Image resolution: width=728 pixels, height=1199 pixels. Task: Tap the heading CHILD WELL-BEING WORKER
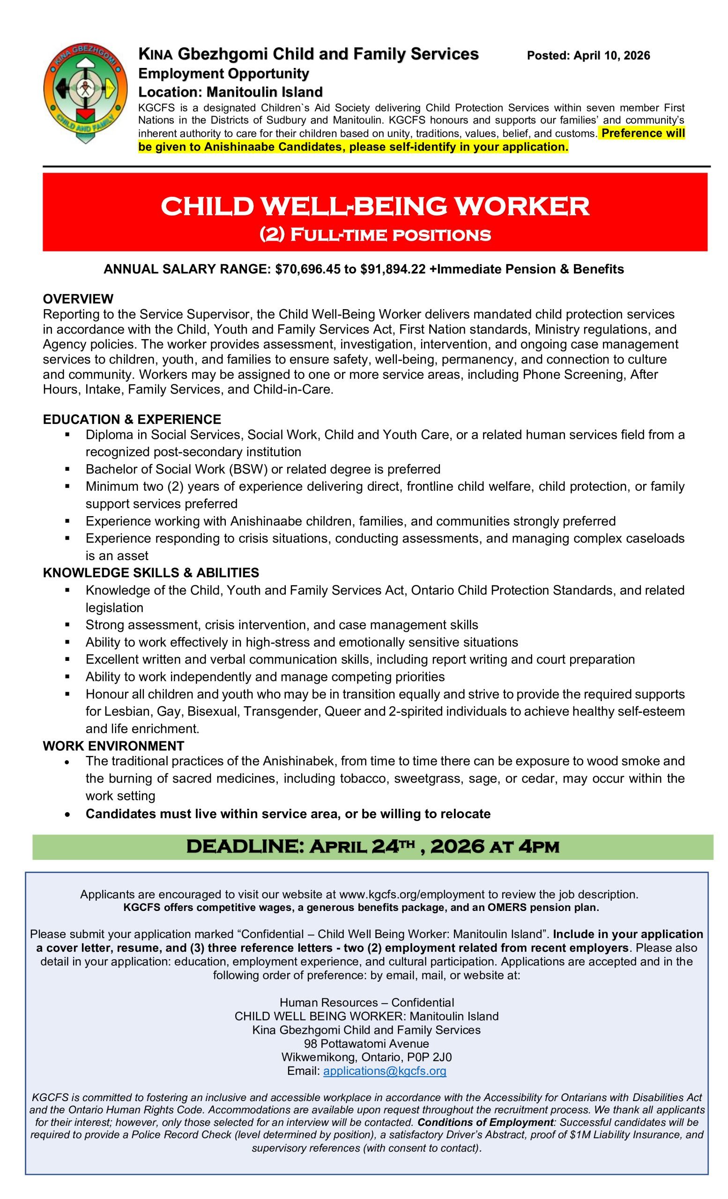tap(374, 207)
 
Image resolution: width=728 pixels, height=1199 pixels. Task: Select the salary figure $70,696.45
tap(308, 269)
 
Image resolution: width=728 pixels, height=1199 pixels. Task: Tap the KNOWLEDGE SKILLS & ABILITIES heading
tap(151, 572)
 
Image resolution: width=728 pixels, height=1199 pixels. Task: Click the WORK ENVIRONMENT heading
tap(113, 746)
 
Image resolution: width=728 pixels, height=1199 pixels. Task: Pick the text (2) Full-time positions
tap(374, 235)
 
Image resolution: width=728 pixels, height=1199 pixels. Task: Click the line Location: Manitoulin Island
tap(230, 92)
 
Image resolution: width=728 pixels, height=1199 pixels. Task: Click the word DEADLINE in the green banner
tap(245, 846)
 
